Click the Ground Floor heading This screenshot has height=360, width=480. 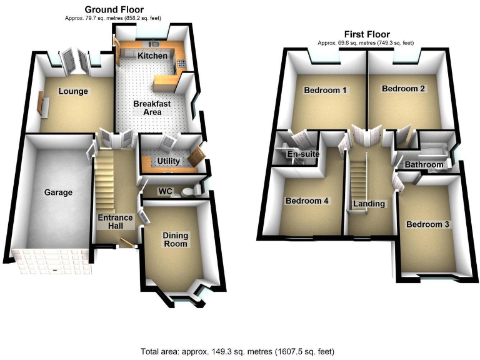point(114,9)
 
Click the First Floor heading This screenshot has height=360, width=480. point(366,34)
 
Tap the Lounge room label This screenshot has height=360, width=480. point(73,91)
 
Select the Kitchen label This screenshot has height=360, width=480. point(152,56)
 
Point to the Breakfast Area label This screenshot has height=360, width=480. point(151,107)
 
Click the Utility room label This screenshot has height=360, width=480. point(169,161)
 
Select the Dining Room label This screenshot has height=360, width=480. point(175,239)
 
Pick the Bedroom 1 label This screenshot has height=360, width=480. point(325,90)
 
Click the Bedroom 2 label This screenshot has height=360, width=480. point(403,89)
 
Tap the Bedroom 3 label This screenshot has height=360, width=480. point(427,224)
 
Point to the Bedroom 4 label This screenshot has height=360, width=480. point(307,201)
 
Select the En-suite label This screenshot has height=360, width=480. point(301,154)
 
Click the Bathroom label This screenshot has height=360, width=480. point(424,165)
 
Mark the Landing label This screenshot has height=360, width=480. point(369,204)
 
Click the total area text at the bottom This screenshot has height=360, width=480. point(239,351)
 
